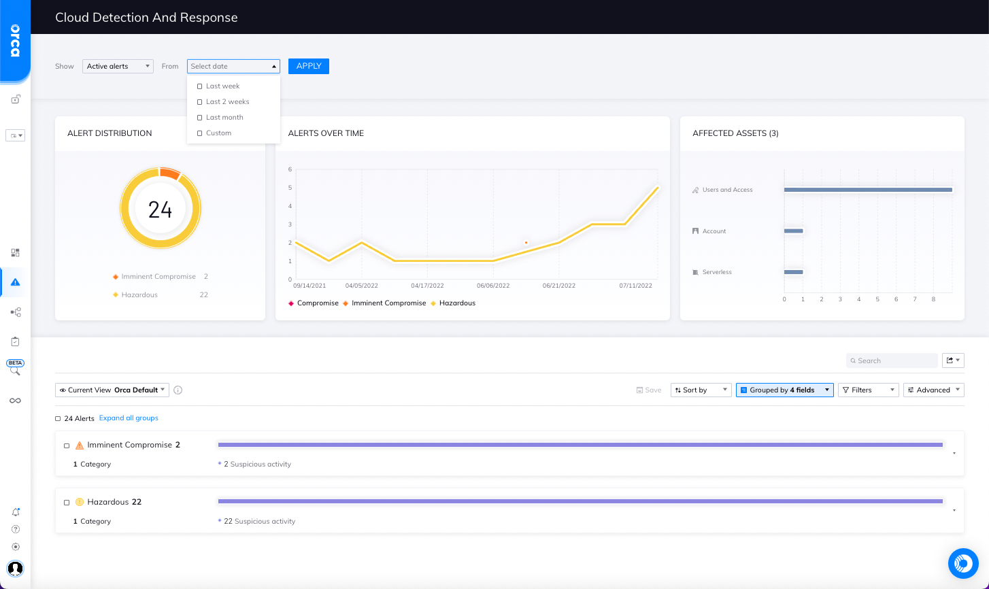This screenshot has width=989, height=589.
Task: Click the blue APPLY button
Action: tap(308, 66)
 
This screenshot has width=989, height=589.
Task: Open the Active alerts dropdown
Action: tap(118, 66)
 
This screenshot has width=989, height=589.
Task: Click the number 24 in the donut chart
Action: tap(160, 209)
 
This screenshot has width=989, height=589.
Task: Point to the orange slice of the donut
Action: tap(170, 173)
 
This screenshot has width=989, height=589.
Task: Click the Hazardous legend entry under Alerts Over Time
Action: tap(456, 303)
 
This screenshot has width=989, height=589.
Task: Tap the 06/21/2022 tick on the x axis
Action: tap(558, 286)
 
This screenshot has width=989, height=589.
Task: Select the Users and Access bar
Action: tap(867, 190)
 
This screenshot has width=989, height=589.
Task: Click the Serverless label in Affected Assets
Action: tap(717, 272)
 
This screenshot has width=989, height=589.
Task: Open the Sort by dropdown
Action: tap(701, 390)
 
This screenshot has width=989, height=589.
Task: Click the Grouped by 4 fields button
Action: tap(784, 390)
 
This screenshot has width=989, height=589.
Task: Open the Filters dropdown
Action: tap(868, 390)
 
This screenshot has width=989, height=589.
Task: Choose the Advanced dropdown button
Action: tap(933, 390)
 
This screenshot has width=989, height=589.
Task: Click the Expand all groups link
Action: tap(129, 418)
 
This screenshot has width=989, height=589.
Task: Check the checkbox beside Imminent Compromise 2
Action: tap(67, 446)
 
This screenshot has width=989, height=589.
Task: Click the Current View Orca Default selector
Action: tap(112, 390)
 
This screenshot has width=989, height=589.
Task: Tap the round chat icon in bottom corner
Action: tap(963, 563)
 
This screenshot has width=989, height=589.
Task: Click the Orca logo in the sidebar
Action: tap(15, 41)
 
